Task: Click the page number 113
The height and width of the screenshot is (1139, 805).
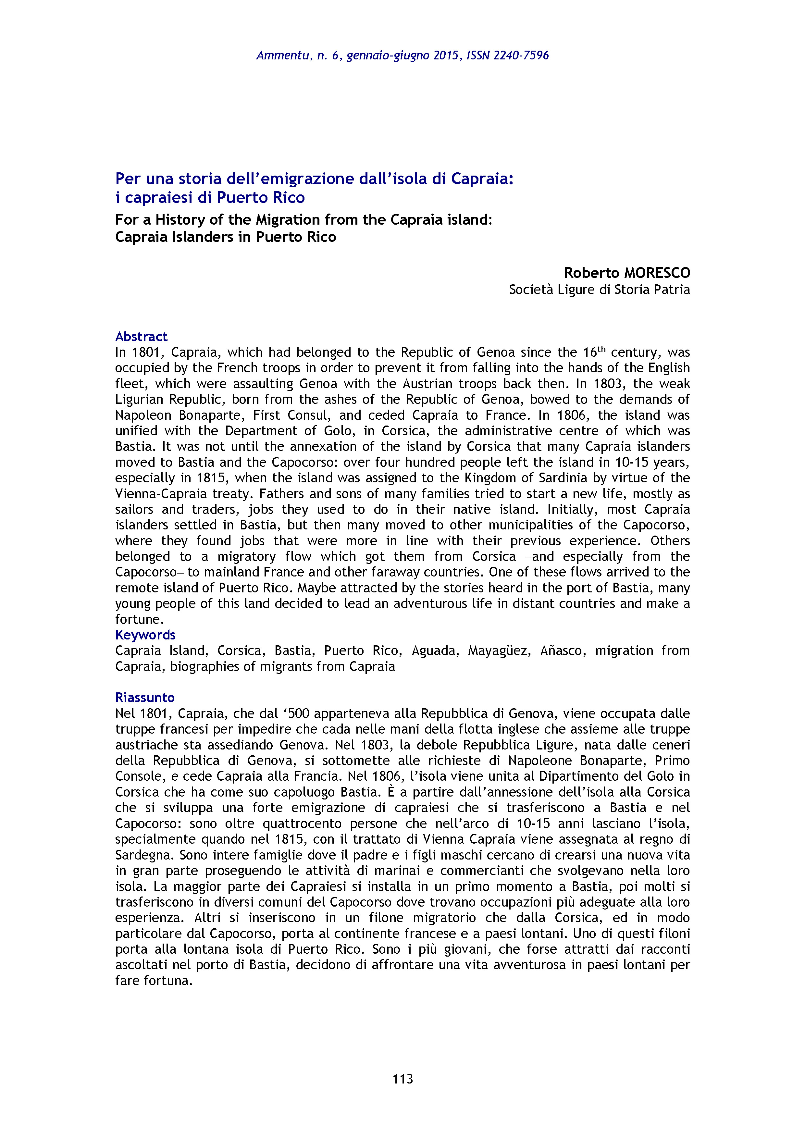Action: coord(402,1079)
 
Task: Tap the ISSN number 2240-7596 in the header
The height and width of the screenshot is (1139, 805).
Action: coord(521,56)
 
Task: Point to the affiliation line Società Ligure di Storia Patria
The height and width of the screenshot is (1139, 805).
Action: coord(599,290)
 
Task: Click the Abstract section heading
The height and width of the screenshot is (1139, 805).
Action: coord(141,337)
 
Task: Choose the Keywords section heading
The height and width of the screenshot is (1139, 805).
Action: coord(145,635)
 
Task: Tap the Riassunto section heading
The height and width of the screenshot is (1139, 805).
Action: coord(145,698)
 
